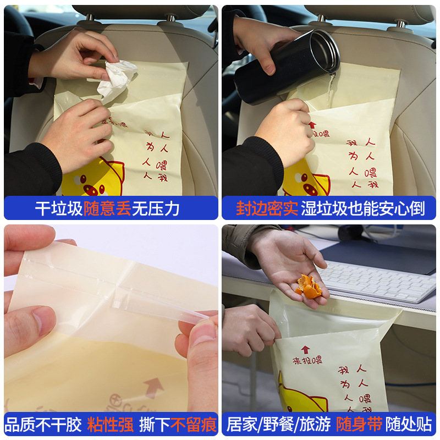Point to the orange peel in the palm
pyautogui.click(x=309, y=287)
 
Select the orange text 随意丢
pyautogui.click(x=107, y=208)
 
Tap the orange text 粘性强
pyautogui.click(x=110, y=425)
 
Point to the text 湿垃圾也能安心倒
pyautogui.click(x=363, y=208)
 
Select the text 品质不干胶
pyautogui.click(x=43, y=425)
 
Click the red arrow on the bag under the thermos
pyautogui.click(x=312, y=125)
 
